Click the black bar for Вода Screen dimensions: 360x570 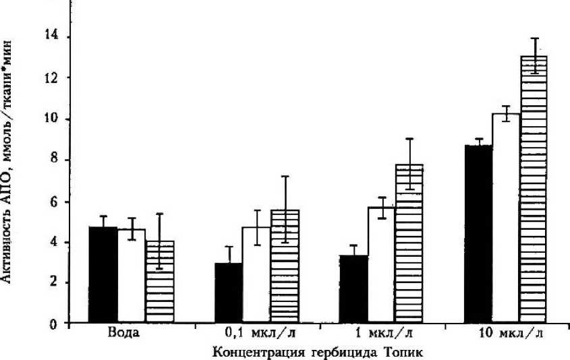click(104, 276)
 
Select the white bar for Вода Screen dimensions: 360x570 click(132, 277)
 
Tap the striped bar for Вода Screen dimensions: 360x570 click(160, 282)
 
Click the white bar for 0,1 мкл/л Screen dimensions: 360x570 click(256, 276)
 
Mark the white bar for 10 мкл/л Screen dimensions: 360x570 click(505, 218)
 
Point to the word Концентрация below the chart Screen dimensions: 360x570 click(250, 351)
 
